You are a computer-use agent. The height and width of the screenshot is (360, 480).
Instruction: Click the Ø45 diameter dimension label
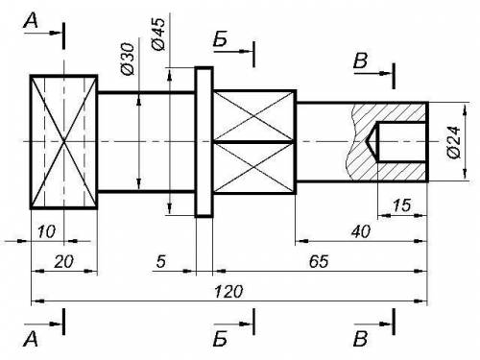159,34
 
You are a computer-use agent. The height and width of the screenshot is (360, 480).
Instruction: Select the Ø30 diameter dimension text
128,60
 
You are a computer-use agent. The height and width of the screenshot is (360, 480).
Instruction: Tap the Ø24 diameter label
454,142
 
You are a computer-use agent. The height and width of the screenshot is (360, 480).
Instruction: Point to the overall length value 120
228,292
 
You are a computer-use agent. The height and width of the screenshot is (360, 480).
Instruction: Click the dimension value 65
319,261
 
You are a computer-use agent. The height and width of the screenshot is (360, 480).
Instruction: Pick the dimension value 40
361,231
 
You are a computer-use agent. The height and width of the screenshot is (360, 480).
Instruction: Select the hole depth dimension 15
401,205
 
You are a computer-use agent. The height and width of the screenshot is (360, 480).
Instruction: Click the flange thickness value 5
161,261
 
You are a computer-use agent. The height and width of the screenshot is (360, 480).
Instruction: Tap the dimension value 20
63,261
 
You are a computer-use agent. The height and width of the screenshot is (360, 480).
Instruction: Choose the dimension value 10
47,231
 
